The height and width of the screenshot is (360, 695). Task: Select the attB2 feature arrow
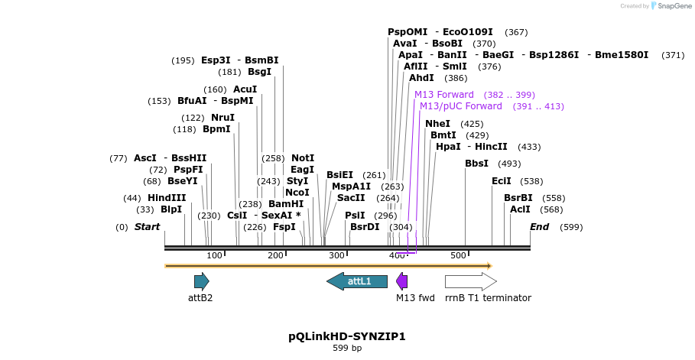tap(201, 281)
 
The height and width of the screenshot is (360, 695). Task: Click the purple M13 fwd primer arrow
tap(401, 281)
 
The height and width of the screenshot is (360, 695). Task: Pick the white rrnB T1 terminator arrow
tap(470, 281)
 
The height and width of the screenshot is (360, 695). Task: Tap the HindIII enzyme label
tap(167, 198)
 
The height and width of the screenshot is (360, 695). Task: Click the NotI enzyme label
tap(303, 158)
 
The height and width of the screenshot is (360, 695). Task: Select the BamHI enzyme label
tap(286, 204)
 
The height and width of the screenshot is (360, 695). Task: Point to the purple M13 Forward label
tap(444, 95)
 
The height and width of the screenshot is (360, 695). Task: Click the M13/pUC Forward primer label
tap(461, 106)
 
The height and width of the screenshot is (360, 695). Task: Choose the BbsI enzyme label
tap(476, 164)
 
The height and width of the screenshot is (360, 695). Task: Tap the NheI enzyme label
tap(438, 124)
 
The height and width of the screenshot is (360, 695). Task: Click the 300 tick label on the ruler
tap(336, 255)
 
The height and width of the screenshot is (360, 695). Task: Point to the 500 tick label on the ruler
tap(458, 255)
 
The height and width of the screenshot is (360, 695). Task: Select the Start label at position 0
tap(148, 227)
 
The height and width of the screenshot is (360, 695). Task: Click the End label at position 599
tap(540, 227)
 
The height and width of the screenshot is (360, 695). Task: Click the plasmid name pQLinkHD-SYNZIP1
tap(347, 336)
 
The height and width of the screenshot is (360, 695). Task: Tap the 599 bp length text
tap(347, 349)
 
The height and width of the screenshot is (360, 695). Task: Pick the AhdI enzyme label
tap(421, 78)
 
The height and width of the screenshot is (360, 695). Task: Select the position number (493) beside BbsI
tap(509, 164)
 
